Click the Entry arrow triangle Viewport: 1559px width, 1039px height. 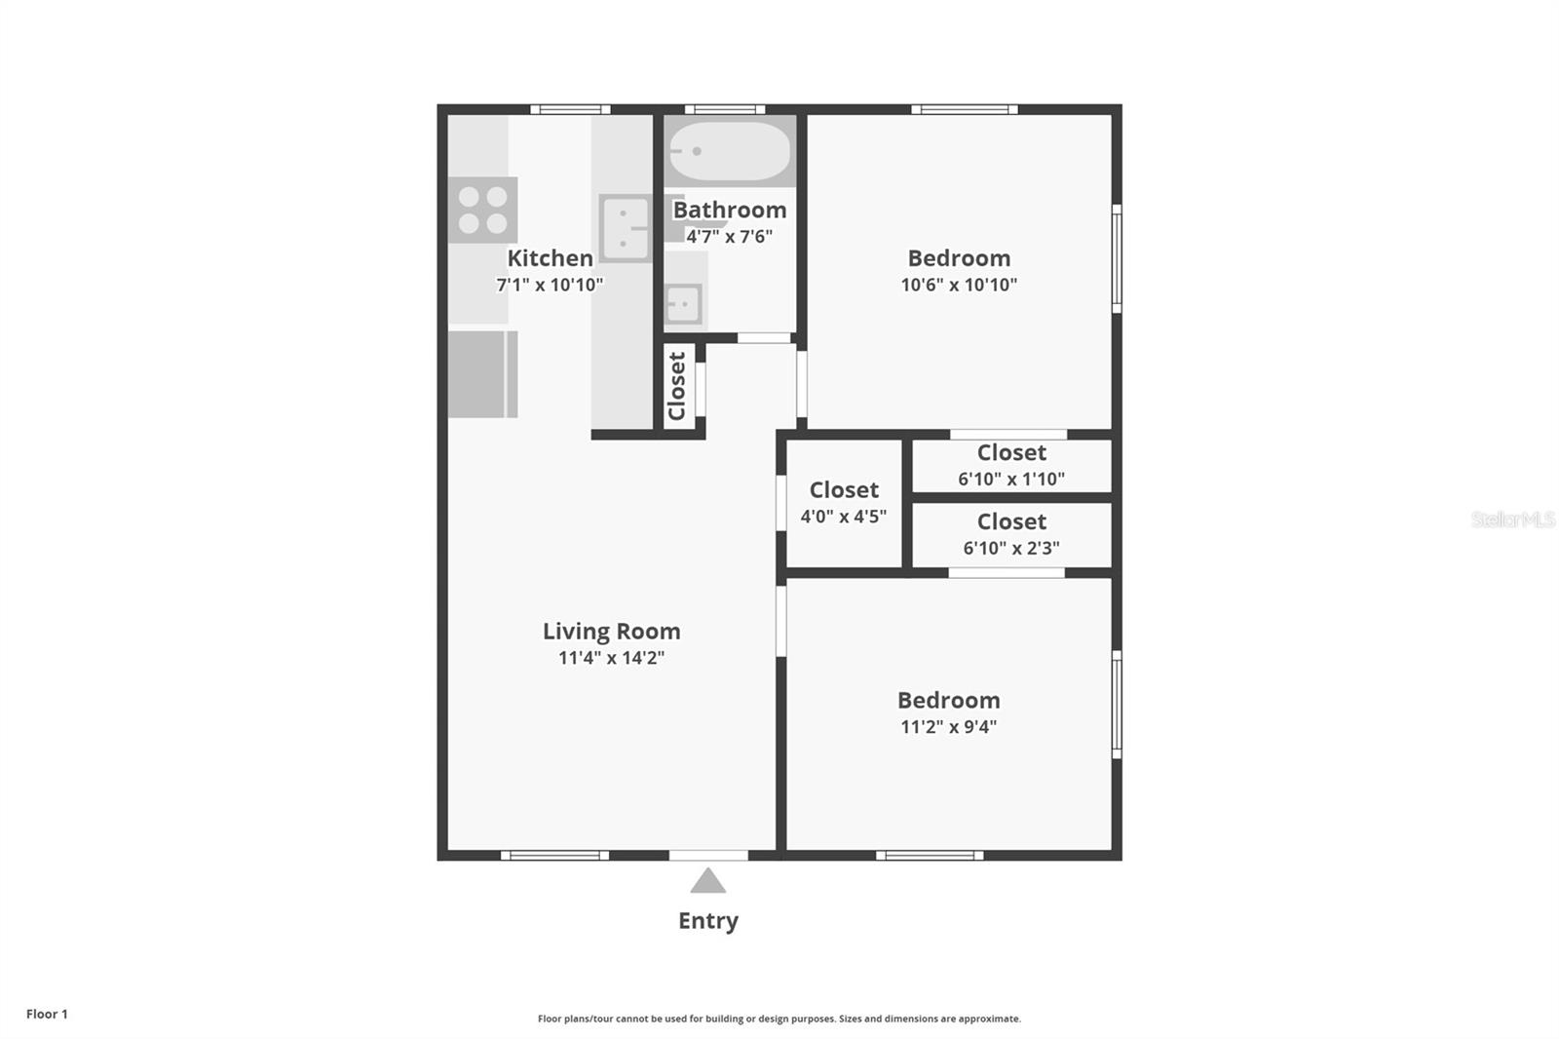point(708,882)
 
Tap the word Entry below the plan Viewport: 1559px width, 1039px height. point(708,921)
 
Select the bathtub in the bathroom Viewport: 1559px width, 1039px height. point(730,151)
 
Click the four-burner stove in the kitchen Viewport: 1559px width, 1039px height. point(482,210)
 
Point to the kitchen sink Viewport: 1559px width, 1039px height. point(625,228)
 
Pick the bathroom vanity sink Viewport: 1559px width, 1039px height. point(683,304)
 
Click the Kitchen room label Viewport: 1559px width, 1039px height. point(550,258)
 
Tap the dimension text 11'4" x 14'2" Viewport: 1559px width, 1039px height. point(611,658)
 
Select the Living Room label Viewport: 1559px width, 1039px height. point(611,632)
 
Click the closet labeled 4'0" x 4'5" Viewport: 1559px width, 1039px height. point(844,503)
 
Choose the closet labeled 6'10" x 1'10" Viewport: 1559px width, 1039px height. point(1011,465)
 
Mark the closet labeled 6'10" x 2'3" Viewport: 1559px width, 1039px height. point(1011,534)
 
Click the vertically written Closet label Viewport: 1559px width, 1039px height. point(678,386)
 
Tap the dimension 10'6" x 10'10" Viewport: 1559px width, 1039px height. point(959,285)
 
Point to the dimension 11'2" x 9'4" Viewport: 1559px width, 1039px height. point(948,727)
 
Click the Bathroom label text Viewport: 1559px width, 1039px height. point(730,210)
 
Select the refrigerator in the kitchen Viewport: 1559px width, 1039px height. point(482,374)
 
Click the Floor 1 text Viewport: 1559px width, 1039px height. point(47,1014)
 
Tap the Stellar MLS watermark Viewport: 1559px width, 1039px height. point(1512,519)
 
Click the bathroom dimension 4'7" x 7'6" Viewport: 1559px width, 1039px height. point(729,237)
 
